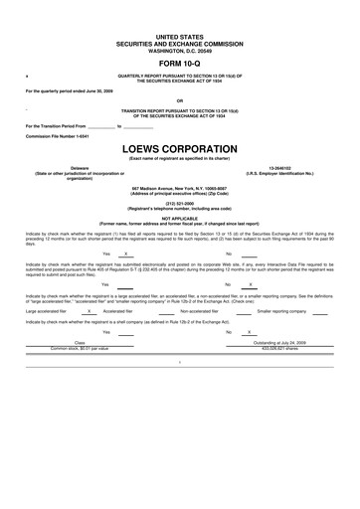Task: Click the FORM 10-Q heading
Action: [x=179, y=64]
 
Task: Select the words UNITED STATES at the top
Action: [x=179, y=35]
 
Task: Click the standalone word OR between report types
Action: [x=179, y=100]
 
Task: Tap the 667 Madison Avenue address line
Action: [x=179, y=188]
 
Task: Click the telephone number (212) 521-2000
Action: [x=179, y=203]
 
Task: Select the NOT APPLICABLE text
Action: [x=179, y=218]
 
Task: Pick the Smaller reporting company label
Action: [x=281, y=311]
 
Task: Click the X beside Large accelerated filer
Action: [x=90, y=311]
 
